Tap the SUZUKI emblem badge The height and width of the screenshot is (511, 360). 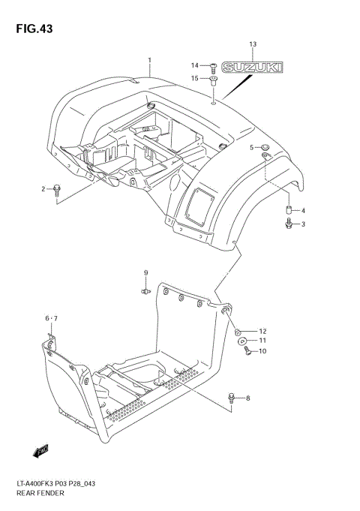click(x=255, y=68)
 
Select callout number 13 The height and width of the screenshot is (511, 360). click(x=253, y=46)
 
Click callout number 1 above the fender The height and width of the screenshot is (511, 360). click(x=149, y=60)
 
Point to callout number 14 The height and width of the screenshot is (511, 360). click(x=194, y=65)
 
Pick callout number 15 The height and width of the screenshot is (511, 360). click(x=194, y=78)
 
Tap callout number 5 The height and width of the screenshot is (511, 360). click(x=252, y=147)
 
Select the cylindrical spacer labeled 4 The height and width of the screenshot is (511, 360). click(x=287, y=210)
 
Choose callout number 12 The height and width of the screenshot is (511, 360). click(x=262, y=331)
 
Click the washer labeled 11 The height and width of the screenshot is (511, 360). click(x=244, y=341)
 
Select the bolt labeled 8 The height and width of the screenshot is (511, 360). click(x=233, y=397)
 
